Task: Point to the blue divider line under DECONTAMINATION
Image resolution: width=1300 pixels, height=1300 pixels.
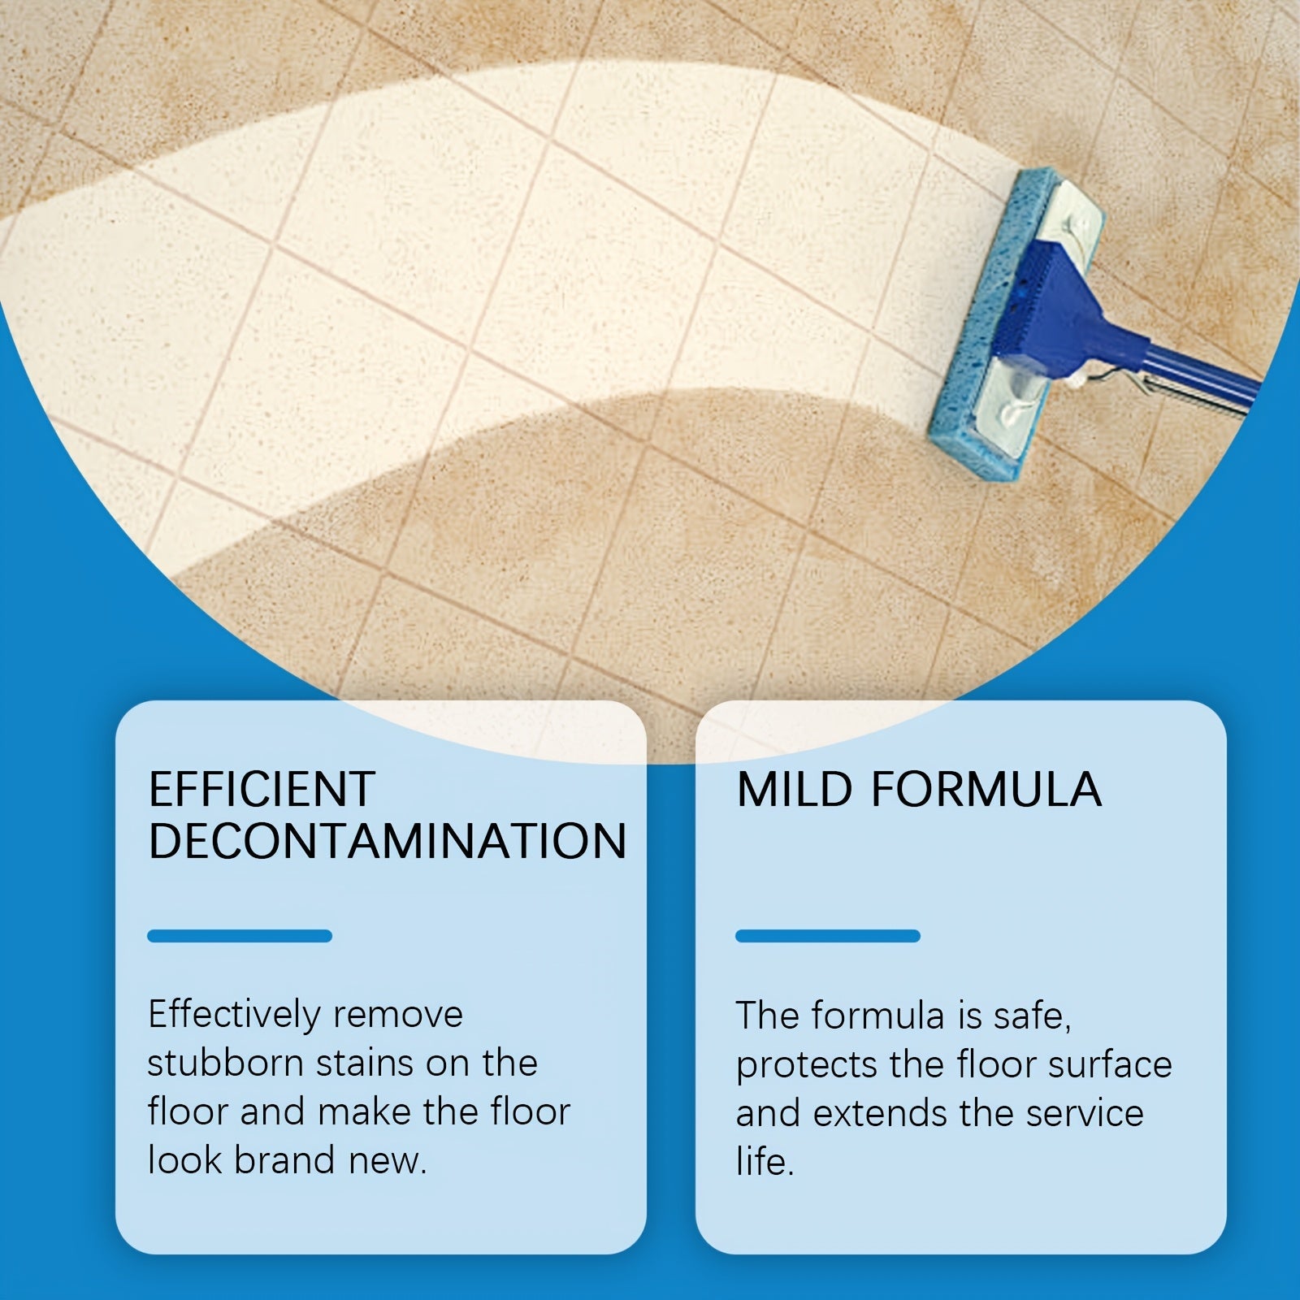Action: (240, 936)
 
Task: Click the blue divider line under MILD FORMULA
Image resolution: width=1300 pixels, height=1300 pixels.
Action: (828, 936)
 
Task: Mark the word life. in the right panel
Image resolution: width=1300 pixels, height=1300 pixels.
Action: (765, 1162)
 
